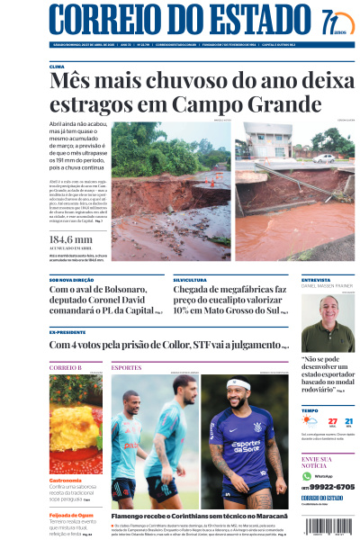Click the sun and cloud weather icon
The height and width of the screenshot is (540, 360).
click(310, 421)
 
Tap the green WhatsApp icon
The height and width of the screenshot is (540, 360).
click(307, 475)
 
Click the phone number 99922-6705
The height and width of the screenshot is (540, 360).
click(332, 486)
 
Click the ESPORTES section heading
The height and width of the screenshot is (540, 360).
click(126, 367)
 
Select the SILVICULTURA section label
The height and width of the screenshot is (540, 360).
click(191, 280)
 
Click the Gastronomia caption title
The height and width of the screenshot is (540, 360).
click(67, 480)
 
